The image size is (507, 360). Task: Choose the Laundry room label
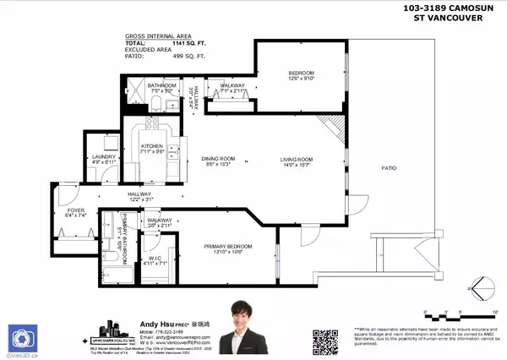[103, 156]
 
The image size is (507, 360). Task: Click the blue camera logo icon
[23, 337]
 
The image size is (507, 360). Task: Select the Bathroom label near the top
[161, 85]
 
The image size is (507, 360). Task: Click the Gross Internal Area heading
[143, 37]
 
